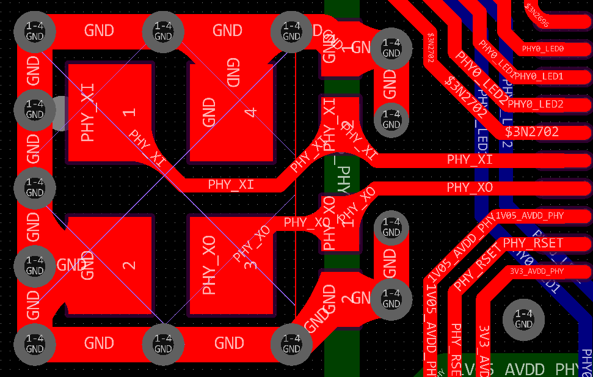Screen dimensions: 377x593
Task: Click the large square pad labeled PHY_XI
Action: point(108,113)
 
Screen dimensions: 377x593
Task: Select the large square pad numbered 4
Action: point(232,113)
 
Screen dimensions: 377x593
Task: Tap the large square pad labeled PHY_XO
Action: point(232,266)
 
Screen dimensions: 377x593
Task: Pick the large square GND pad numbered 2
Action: point(108,266)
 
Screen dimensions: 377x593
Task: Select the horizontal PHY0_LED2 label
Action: point(535,104)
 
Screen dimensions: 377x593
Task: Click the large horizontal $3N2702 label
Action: point(531,132)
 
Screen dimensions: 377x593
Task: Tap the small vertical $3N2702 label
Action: point(431,49)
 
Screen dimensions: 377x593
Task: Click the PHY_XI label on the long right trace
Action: point(470,160)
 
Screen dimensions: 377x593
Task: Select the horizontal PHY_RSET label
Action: point(533,243)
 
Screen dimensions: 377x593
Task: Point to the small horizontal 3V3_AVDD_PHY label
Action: point(537,271)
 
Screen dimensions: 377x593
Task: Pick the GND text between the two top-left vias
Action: point(99,30)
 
